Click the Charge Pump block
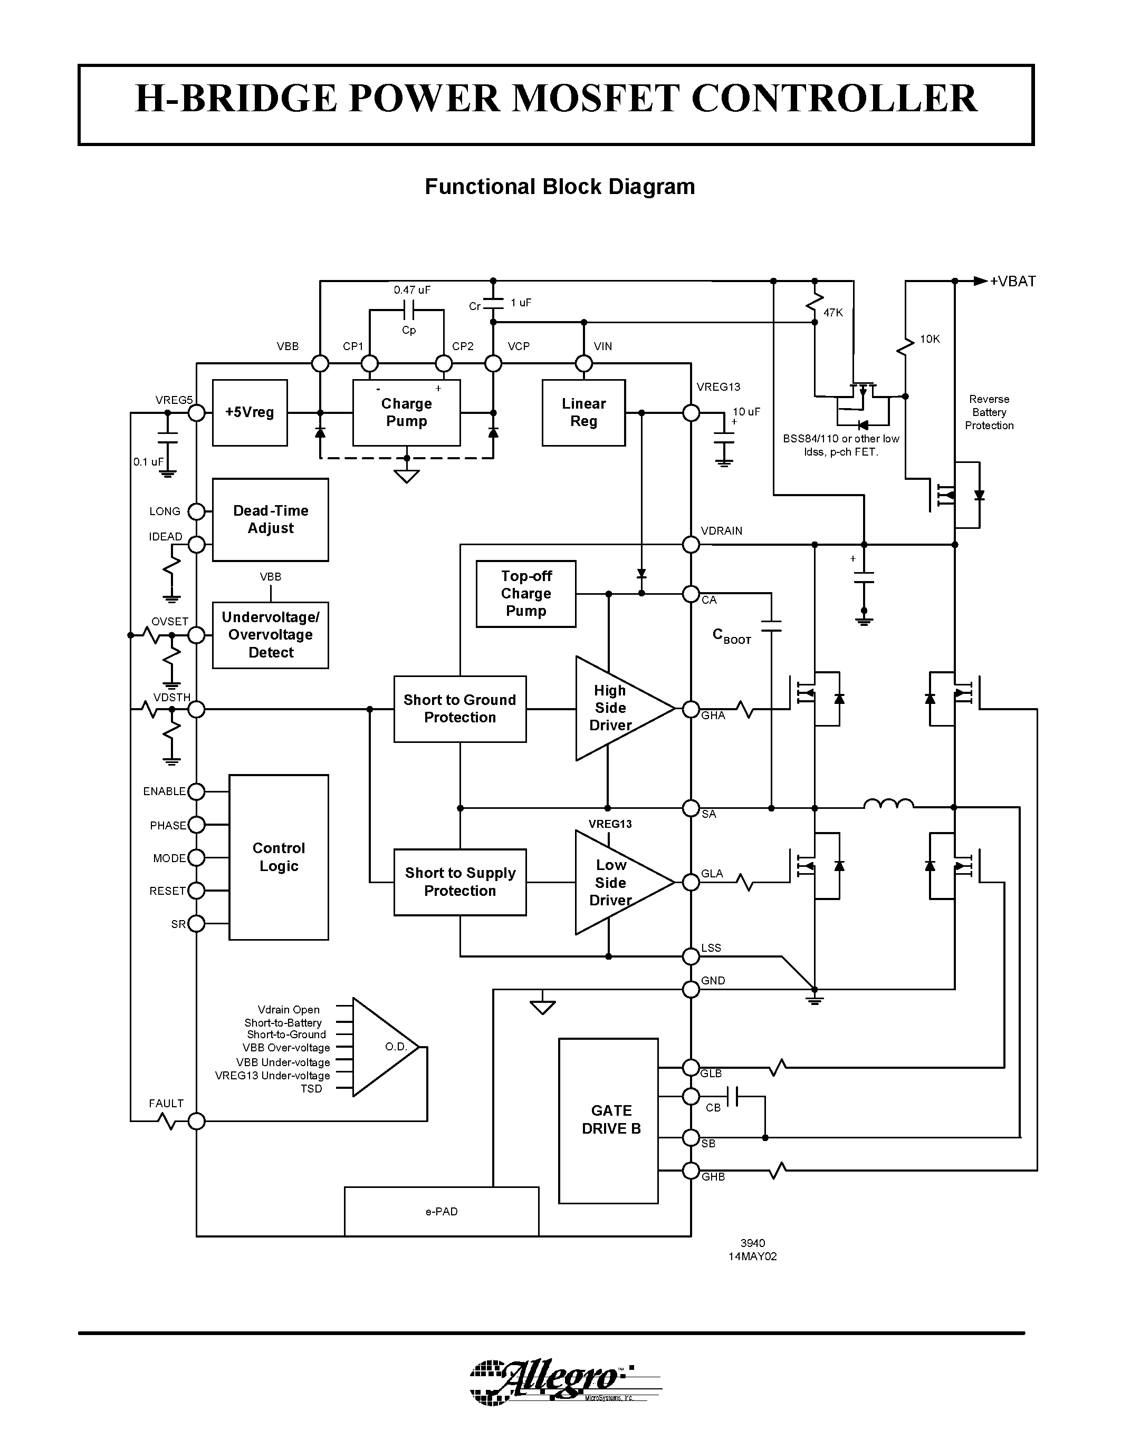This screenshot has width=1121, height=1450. coord(406,412)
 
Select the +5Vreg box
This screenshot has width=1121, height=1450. coord(250,412)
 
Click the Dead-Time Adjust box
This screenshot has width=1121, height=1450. coord(270,519)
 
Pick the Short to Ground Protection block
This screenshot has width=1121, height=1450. coord(459,709)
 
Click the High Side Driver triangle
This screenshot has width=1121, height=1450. coord(614,709)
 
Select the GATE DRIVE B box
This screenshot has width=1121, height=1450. coord(608,1120)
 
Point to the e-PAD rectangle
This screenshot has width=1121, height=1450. coord(441,1212)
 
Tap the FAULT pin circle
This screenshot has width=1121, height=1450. coord(197,1122)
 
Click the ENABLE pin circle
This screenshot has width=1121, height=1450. coord(197,791)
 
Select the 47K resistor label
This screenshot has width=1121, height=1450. coord(833,313)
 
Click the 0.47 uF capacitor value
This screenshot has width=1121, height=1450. coord(412,290)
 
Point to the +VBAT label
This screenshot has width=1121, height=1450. coord(1012,282)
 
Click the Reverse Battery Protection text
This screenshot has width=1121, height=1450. coord(989,412)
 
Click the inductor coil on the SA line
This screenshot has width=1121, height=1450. coord(888,804)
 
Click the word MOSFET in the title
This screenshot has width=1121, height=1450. coord(596,99)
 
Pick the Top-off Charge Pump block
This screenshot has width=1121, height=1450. coord(525,594)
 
